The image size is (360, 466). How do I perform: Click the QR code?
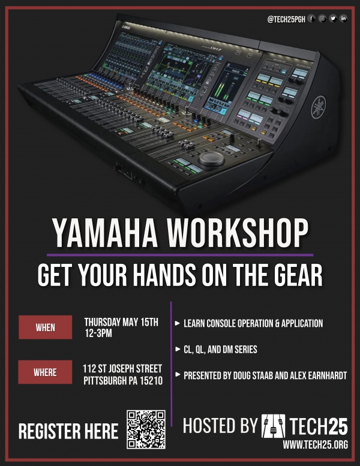146,429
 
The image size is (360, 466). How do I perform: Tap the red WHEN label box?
45,327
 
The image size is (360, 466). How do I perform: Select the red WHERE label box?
45,372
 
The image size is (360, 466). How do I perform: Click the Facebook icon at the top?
311,19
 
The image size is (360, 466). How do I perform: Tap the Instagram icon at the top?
322,19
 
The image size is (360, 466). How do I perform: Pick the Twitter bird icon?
333,19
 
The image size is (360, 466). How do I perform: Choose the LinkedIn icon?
343,19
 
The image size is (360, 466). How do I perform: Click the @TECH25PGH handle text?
286,19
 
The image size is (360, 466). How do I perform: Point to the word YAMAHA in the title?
105,233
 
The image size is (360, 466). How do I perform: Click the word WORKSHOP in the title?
237,233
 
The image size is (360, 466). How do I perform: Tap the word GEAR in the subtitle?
298,275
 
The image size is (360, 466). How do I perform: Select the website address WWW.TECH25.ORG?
315,444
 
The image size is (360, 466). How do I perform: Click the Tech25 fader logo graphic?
273,426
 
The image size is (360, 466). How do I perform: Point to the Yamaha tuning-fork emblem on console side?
319,107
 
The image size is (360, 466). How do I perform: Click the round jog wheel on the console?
211,158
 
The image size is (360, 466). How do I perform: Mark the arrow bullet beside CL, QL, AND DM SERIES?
178,349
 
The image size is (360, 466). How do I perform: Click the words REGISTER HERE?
68,431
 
